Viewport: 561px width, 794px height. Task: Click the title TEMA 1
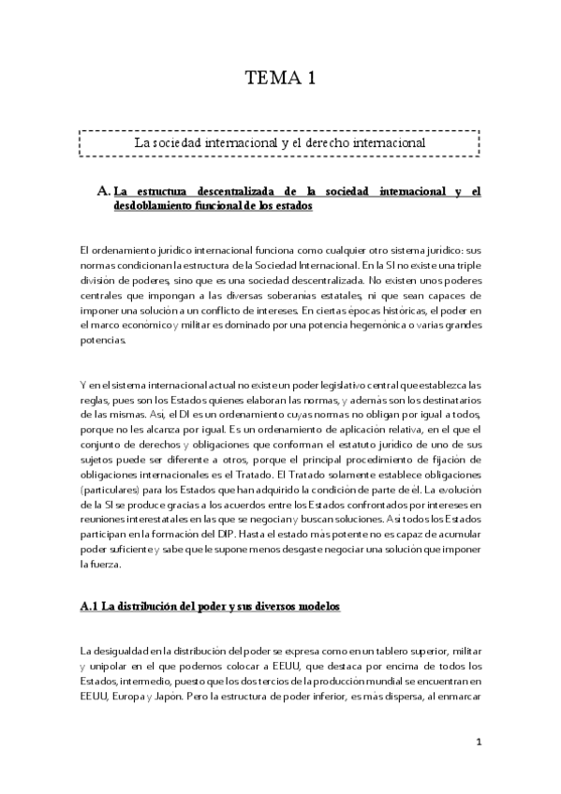pos(280,79)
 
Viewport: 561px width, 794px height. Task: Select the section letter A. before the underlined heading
pos(104,191)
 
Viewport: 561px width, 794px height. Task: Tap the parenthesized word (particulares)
pos(111,490)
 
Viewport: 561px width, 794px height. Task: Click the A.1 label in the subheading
pos(96,608)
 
